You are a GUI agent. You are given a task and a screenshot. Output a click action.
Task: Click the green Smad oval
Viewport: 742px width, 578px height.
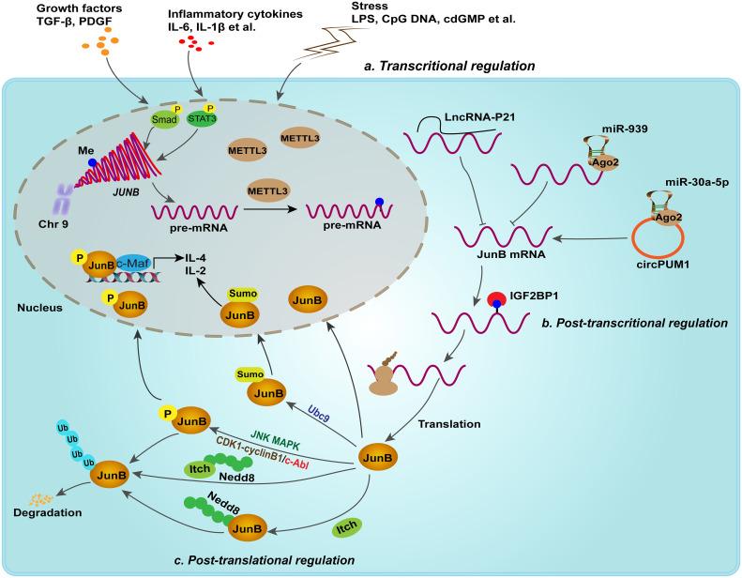tap(164, 119)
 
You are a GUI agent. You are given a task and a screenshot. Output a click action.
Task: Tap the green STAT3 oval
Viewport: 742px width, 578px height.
tap(202, 118)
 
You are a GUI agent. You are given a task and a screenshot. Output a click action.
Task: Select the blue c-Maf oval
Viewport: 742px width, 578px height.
tap(132, 264)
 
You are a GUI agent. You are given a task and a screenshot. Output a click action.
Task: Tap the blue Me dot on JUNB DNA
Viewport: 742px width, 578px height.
tap(92, 162)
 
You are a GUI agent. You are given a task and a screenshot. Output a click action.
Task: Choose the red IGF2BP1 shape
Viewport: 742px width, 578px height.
tap(496, 299)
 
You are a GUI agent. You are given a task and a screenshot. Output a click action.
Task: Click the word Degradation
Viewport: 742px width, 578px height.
tap(47, 512)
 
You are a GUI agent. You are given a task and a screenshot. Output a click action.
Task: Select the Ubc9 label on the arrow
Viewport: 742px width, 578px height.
tap(318, 413)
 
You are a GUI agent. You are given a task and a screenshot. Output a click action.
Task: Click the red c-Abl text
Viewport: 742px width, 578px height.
tap(297, 462)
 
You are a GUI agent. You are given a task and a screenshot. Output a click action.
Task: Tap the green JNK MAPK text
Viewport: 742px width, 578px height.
tap(276, 439)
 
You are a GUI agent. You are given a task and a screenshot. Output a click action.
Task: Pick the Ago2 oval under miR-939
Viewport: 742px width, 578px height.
tap(606, 162)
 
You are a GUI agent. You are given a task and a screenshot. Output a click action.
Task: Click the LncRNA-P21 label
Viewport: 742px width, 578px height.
tap(479, 117)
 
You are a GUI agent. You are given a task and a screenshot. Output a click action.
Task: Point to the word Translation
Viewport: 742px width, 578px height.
tap(449, 424)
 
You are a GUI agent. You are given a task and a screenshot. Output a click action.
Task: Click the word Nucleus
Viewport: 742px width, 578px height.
tap(39, 308)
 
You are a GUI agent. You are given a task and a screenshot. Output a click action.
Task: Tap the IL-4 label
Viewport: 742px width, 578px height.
tap(195, 258)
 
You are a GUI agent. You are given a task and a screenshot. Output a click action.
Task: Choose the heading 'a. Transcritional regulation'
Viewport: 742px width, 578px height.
tap(449, 66)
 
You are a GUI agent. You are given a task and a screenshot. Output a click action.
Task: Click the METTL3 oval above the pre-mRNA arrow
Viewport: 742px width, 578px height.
tap(268, 191)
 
